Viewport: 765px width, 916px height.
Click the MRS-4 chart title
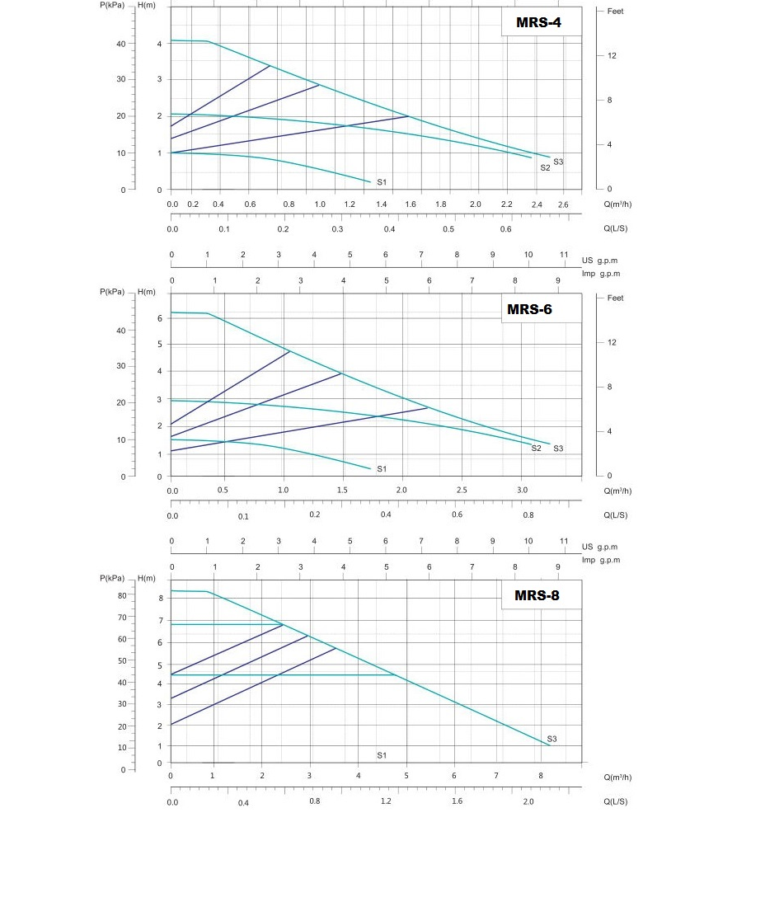(x=538, y=22)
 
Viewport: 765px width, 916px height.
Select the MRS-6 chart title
(x=529, y=309)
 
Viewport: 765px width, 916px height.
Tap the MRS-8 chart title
(x=537, y=595)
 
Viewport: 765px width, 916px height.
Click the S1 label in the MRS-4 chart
(x=382, y=181)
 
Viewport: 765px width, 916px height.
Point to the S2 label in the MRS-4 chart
(x=545, y=167)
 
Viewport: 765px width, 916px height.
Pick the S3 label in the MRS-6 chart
(x=558, y=449)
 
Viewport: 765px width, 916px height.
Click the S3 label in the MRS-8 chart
(x=551, y=739)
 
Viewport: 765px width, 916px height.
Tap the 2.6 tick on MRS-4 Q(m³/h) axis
(x=563, y=204)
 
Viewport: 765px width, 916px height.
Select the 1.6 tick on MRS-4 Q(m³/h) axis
(x=409, y=204)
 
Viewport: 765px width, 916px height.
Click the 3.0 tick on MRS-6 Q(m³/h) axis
(x=522, y=491)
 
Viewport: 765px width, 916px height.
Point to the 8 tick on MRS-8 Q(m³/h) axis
(x=541, y=776)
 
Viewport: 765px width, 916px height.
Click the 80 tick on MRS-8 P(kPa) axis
(x=122, y=595)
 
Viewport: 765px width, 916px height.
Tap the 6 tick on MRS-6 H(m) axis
(x=160, y=318)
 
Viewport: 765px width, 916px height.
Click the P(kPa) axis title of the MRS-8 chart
(x=112, y=579)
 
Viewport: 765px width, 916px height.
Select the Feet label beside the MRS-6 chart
(x=616, y=298)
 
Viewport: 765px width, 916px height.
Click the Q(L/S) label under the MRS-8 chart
(x=615, y=801)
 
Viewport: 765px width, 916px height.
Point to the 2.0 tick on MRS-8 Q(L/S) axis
(x=528, y=801)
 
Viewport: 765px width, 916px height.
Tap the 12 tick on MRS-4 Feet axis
(x=612, y=56)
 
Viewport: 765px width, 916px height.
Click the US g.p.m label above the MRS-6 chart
(x=599, y=260)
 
